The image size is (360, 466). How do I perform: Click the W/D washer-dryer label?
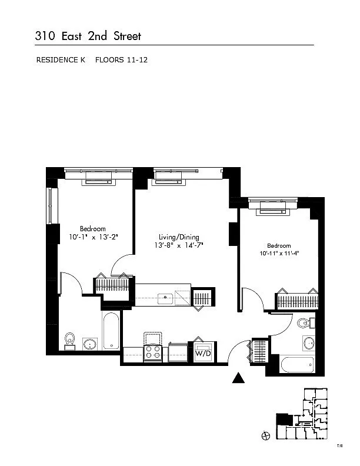coord(203,354)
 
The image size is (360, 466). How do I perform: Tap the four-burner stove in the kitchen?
coord(153,352)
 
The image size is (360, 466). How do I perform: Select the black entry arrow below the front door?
coord(238,378)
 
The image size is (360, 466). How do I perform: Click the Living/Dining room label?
coord(179,237)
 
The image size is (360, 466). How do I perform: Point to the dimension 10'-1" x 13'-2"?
coord(94,237)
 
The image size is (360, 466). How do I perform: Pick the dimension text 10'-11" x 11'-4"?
coord(279,254)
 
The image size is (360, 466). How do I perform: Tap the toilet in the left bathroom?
coord(70,341)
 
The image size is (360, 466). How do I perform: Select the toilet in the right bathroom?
coord(305,323)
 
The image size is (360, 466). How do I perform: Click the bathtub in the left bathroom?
coord(111,331)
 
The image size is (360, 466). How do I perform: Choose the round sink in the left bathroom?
coord(89,344)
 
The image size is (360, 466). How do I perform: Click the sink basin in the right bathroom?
coord(309,343)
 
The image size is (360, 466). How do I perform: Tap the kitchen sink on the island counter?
coord(165,299)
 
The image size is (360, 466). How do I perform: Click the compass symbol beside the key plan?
coord(265,436)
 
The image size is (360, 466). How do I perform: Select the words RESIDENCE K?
coord(61,60)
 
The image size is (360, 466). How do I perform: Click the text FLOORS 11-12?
coord(121,60)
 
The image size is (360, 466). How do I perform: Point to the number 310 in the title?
coord(45,36)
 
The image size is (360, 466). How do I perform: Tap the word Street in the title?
coord(127,36)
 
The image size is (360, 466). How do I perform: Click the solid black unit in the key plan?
coord(284,419)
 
